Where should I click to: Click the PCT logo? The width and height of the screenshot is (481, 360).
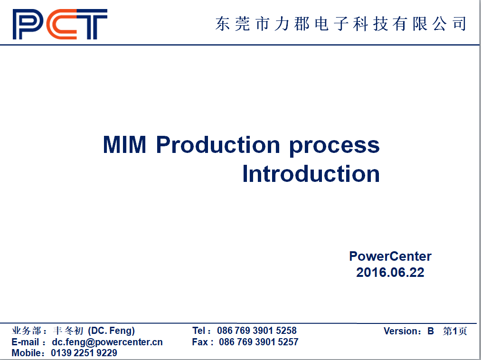pyautogui.click(x=60, y=24)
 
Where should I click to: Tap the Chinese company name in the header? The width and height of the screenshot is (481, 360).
pyautogui.click(x=340, y=24)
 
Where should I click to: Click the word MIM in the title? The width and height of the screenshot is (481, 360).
pyautogui.click(x=124, y=144)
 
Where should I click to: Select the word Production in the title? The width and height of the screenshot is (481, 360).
pyautogui.click(x=218, y=144)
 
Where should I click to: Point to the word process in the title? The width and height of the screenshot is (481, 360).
pyautogui.click(x=334, y=146)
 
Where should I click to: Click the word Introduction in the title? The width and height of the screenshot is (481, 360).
pyautogui.click(x=311, y=174)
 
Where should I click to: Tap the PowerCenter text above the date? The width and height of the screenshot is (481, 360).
pyautogui.click(x=390, y=256)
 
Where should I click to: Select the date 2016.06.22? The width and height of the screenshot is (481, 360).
pyautogui.click(x=390, y=272)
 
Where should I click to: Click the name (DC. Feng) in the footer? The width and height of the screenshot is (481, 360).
pyautogui.click(x=112, y=331)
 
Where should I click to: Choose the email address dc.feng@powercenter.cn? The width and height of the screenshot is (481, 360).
pyautogui.click(x=107, y=342)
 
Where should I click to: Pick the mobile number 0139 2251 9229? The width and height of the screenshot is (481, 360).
pyautogui.click(x=84, y=353)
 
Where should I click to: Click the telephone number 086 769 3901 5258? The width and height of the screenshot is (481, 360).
pyautogui.click(x=257, y=331)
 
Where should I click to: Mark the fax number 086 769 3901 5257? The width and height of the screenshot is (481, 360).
pyautogui.click(x=259, y=342)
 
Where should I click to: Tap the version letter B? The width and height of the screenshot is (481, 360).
pyautogui.click(x=431, y=331)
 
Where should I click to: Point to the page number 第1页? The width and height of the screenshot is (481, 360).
pyautogui.click(x=455, y=331)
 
